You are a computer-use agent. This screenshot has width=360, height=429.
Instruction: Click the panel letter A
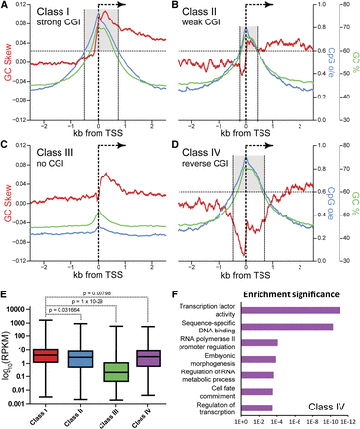pos(7,7)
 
